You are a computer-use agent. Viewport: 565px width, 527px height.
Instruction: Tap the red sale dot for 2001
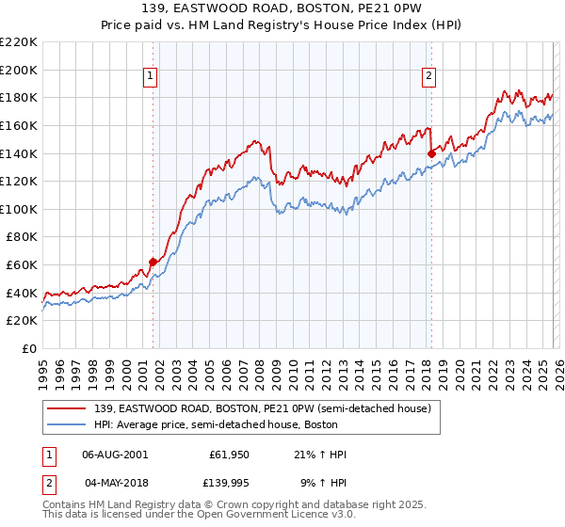tap(153, 262)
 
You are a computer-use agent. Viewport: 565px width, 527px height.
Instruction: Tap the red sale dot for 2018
tap(431, 152)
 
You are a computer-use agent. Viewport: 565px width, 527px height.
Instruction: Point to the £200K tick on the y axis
tap(21, 70)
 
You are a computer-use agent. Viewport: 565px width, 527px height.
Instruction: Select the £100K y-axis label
tap(21, 209)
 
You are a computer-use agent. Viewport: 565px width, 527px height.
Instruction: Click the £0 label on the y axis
tap(28, 348)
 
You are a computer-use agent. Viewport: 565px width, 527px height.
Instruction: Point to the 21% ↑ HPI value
tap(320, 455)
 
